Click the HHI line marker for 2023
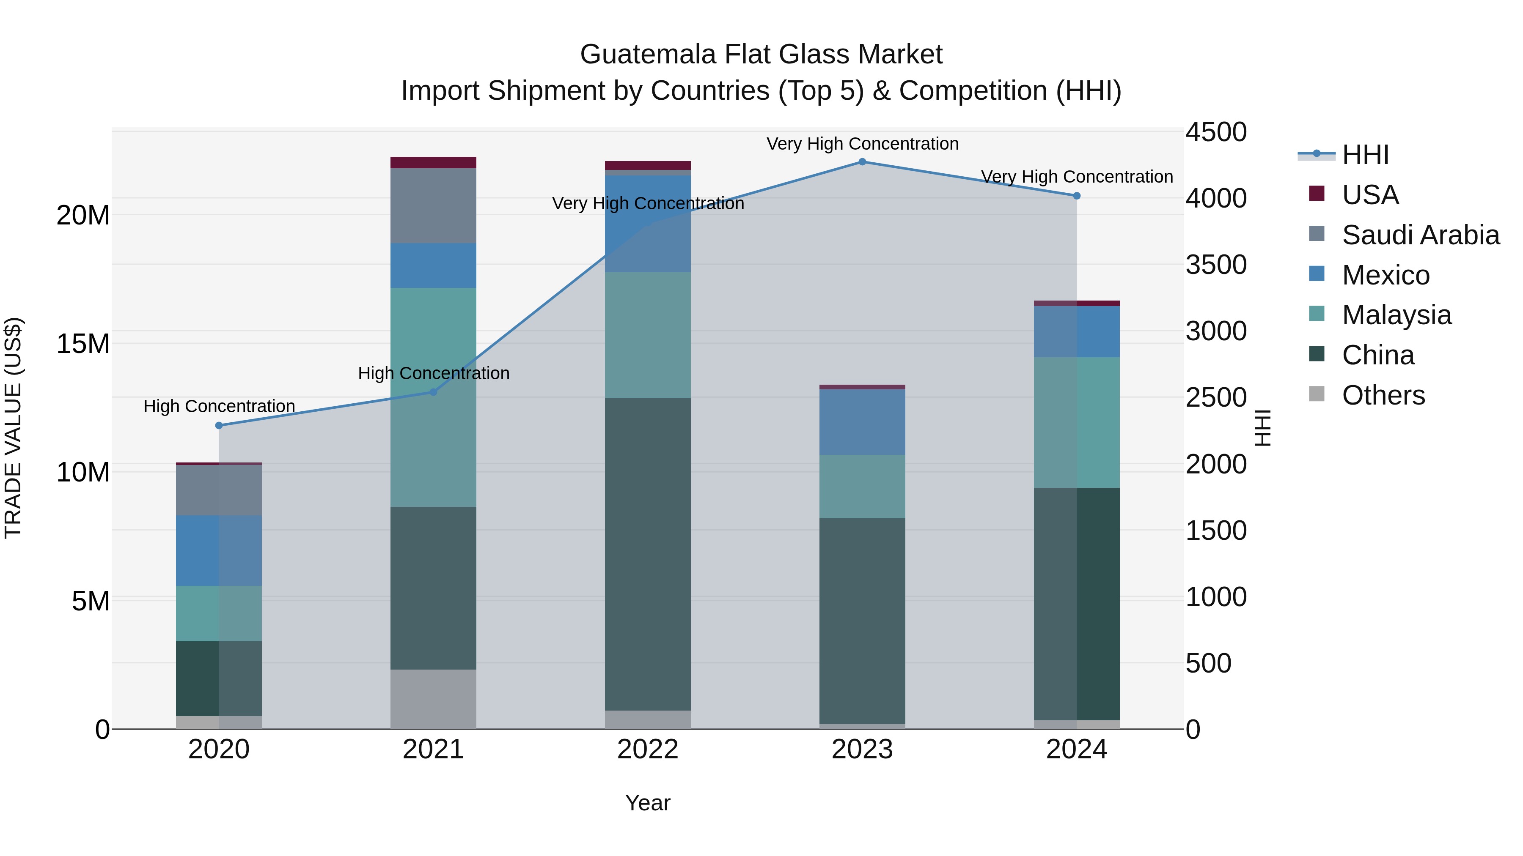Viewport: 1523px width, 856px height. (x=862, y=162)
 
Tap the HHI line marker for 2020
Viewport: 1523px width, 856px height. (x=219, y=425)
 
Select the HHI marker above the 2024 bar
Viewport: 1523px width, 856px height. (x=1077, y=196)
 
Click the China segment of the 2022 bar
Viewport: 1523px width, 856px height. (x=647, y=554)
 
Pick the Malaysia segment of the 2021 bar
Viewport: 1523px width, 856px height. (x=433, y=397)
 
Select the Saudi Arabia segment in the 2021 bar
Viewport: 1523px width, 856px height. (x=433, y=205)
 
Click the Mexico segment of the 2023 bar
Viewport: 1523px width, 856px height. (x=862, y=422)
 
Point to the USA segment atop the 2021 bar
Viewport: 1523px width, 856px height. (x=433, y=162)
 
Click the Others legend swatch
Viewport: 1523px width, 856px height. (x=1317, y=394)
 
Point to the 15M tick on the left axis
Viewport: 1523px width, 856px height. (x=83, y=344)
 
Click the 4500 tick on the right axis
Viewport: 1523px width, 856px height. (x=1215, y=132)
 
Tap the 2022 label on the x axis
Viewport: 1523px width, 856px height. (x=647, y=749)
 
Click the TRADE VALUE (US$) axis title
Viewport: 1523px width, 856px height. (x=13, y=428)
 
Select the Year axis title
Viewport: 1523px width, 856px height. (x=647, y=803)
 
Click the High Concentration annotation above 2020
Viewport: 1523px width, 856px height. (x=219, y=406)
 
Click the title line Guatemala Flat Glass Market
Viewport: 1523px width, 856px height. (x=761, y=55)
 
